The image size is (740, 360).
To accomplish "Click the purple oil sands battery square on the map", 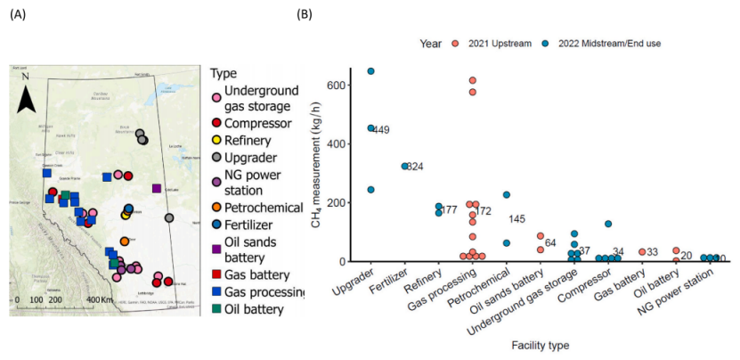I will [157, 188].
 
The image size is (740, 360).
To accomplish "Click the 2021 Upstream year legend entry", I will [499, 43].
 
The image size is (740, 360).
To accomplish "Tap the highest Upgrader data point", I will [370, 71].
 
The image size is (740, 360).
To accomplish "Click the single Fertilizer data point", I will [404, 166].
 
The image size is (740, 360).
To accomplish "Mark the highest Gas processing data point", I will [473, 80].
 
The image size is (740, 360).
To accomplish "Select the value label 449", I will [381, 130].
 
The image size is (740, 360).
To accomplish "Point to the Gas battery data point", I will [642, 252].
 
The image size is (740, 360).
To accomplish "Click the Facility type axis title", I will [541, 341].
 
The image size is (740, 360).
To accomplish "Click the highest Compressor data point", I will [607, 224].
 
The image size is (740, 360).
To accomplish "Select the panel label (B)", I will [304, 15].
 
